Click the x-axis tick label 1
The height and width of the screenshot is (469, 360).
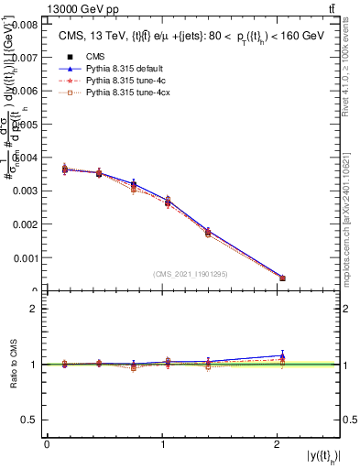point(162,443)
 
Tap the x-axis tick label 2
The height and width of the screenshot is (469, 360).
point(277,443)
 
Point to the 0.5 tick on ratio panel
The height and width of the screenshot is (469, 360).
point(30,420)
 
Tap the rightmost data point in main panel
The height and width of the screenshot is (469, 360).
point(282,278)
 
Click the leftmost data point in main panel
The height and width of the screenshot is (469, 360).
point(64,169)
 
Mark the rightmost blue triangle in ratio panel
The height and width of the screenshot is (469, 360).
point(282,355)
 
